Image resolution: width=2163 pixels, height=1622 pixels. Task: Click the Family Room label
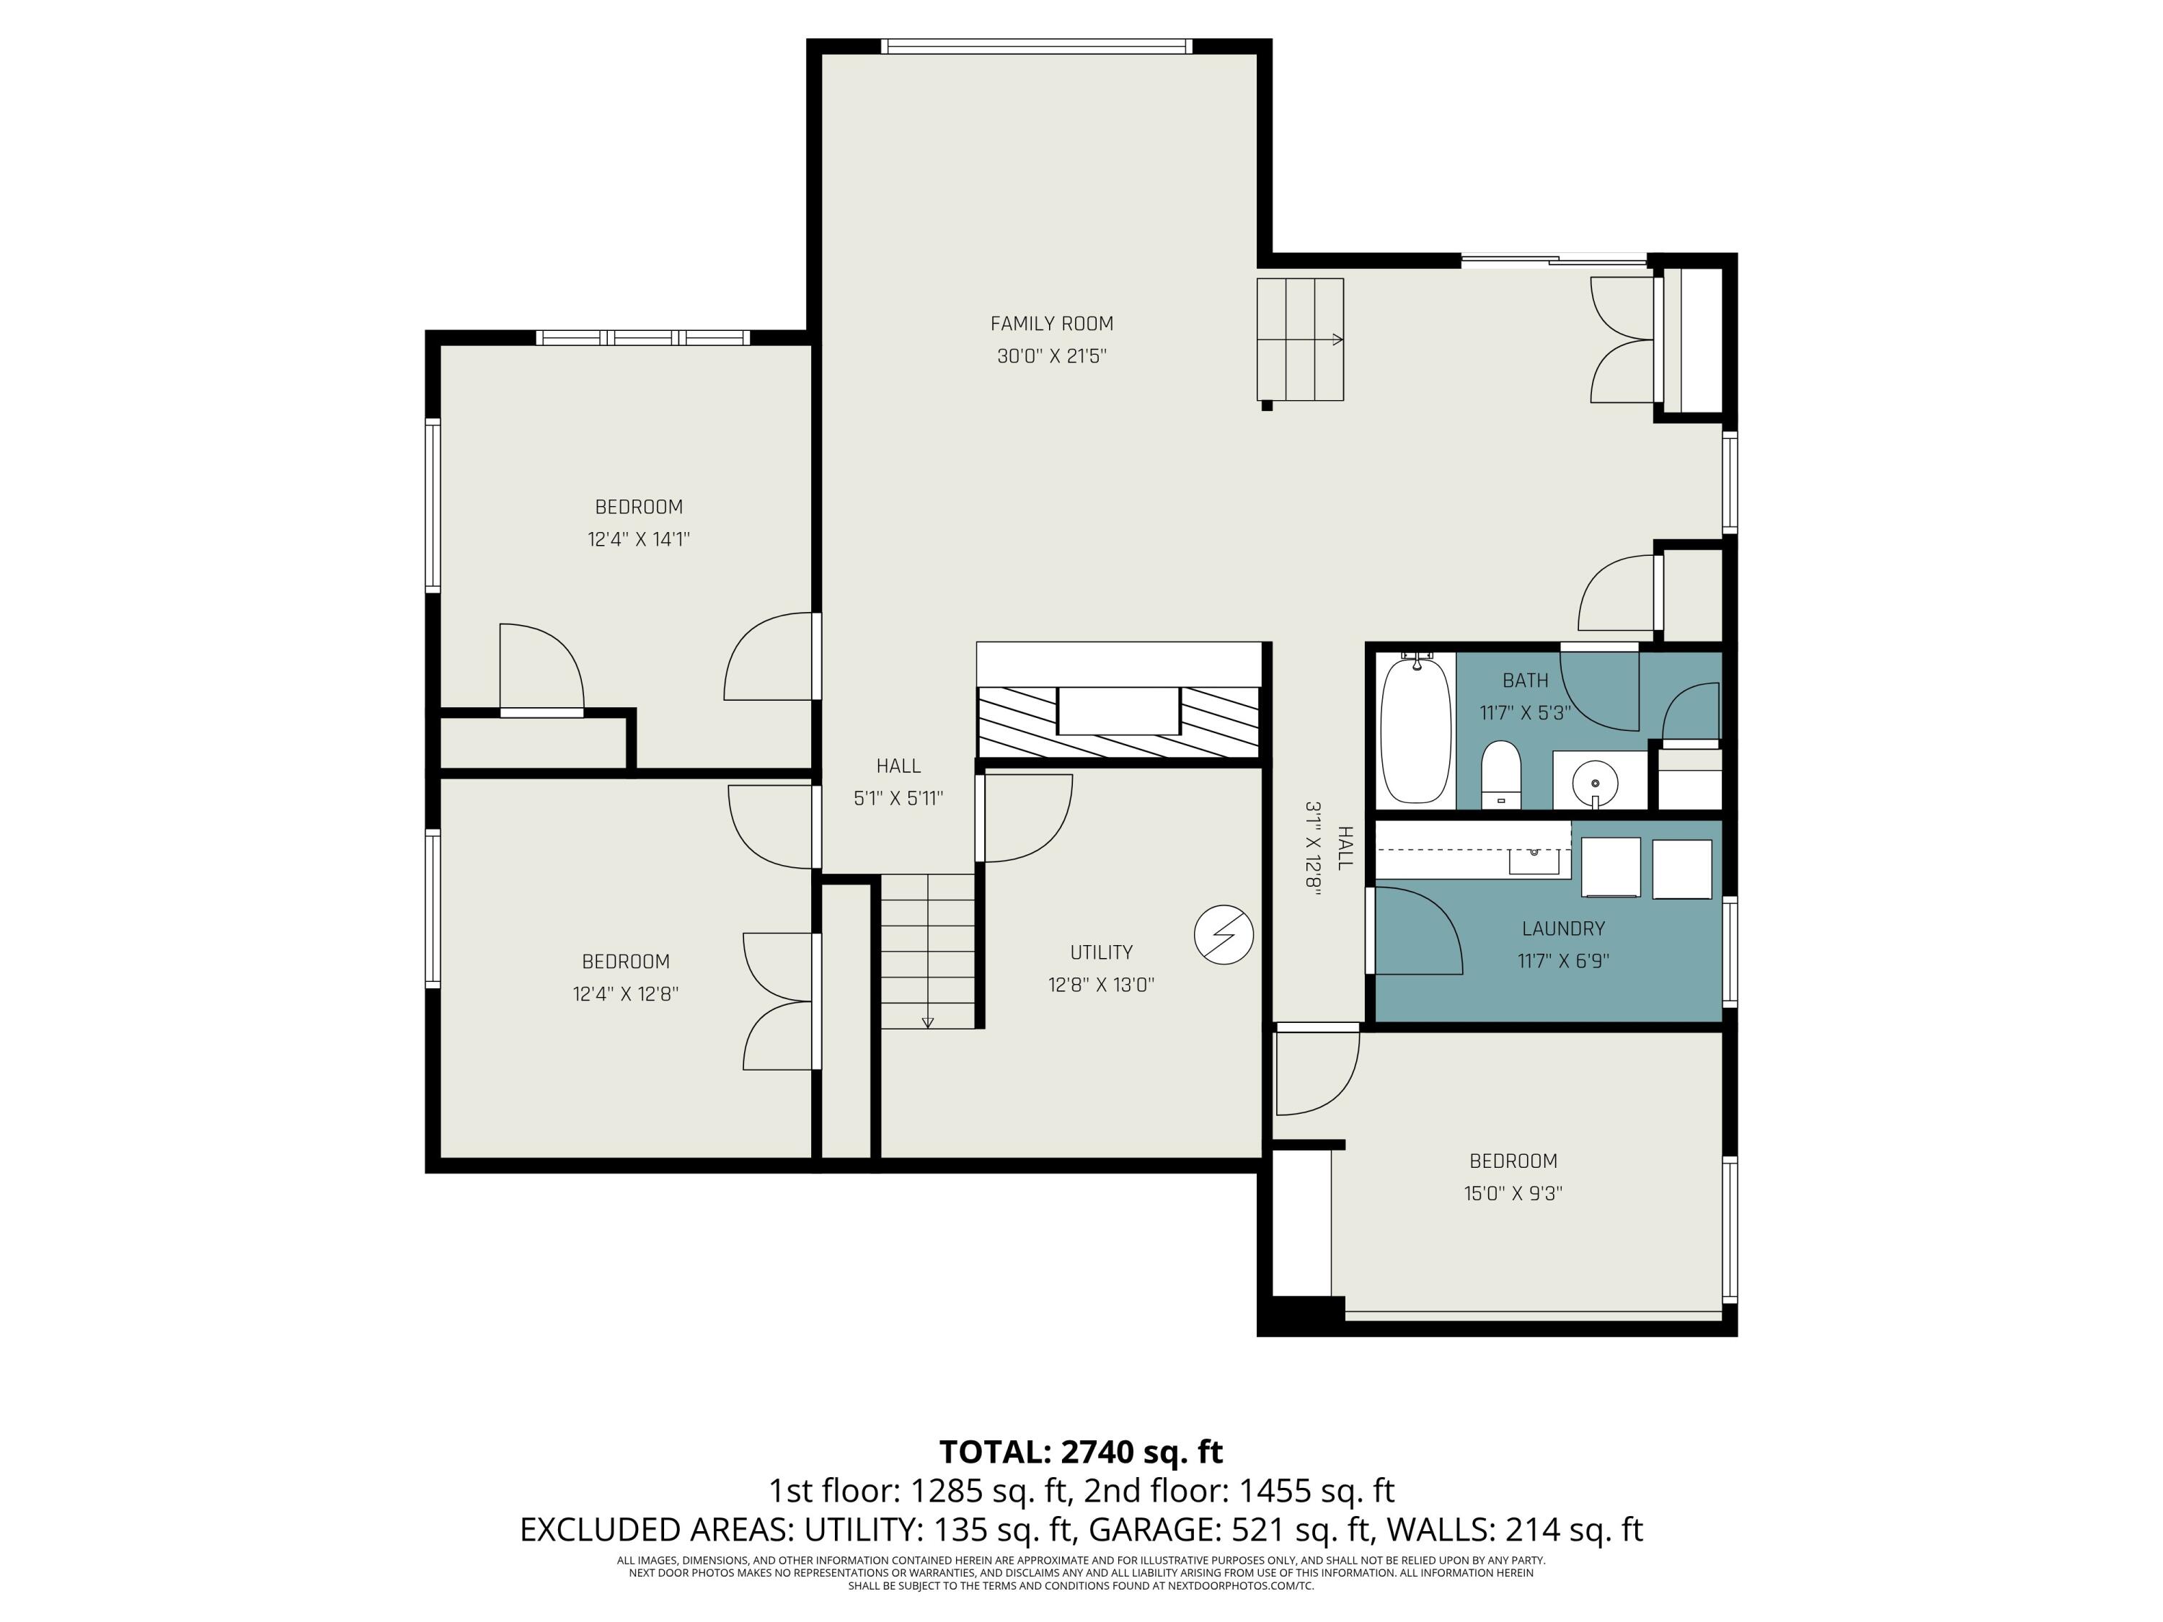(x=1051, y=324)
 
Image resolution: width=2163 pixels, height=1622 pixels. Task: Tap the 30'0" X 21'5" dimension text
(x=1051, y=356)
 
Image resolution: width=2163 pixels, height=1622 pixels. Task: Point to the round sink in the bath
(x=1595, y=783)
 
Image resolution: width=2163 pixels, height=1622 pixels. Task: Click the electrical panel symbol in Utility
(x=1224, y=935)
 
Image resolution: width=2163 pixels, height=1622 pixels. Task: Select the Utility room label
(x=1101, y=952)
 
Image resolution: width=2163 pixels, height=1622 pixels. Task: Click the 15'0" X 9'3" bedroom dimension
(x=1513, y=1193)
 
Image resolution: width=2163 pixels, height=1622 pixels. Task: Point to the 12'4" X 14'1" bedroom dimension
(x=639, y=539)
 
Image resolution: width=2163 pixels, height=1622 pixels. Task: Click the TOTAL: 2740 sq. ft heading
(x=1081, y=1452)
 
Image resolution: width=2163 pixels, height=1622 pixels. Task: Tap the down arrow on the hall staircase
(x=928, y=1023)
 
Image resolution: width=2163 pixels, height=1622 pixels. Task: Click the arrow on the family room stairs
(x=1337, y=340)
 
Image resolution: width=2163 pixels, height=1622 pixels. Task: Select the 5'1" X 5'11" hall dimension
(x=898, y=799)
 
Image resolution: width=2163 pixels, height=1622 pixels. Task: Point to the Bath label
(x=1526, y=681)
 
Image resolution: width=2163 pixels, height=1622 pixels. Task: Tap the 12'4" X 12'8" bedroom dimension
(x=625, y=994)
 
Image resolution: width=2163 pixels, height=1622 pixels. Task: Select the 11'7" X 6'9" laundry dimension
(x=1562, y=961)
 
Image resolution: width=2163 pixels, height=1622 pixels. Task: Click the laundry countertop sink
(x=1534, y=860)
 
